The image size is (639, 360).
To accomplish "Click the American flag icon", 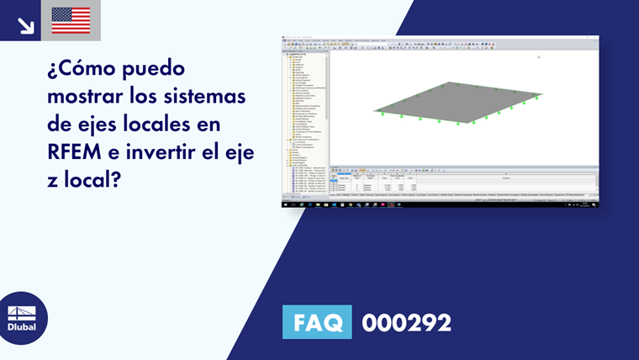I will coord(71,20).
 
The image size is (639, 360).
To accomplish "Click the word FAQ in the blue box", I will coord(318,322).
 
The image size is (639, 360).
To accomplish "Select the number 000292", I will coord(406,322).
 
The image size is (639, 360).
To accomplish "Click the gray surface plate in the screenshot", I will coord(458,103).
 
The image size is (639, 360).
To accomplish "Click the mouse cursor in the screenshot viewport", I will coord(538,57).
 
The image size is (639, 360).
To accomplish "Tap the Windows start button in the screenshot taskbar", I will coord(284,204).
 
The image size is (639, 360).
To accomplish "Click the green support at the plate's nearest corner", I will coord(458,123).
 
